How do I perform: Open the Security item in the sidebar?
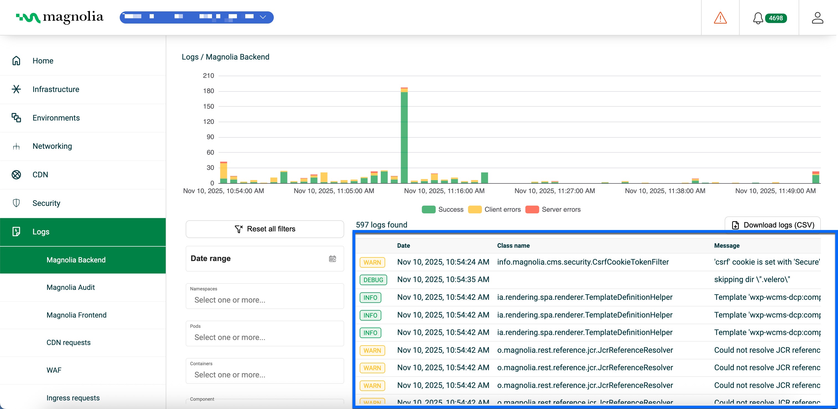(x=46, y=203)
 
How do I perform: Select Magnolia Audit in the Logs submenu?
(x=71, y=287)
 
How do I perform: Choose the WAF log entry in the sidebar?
(x=54, y=370)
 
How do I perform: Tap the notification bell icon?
(x=758, y=18)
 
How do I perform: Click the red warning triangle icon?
(x=720, y=18)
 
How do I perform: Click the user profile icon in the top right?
(x=817, y=18)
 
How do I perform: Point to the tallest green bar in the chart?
(x=404, y=137)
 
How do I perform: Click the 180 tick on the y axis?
(x=208, y=91)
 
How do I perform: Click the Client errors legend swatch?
(x=475, y=209)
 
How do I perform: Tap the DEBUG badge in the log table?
(x=373, y=280)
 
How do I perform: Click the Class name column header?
(x=513, y=246)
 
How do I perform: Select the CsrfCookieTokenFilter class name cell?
(x=582, y=262)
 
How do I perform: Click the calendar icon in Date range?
(x=332, y=259)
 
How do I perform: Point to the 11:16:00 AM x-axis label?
(x=444, y=191)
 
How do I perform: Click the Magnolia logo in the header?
(x=60, y=17)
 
